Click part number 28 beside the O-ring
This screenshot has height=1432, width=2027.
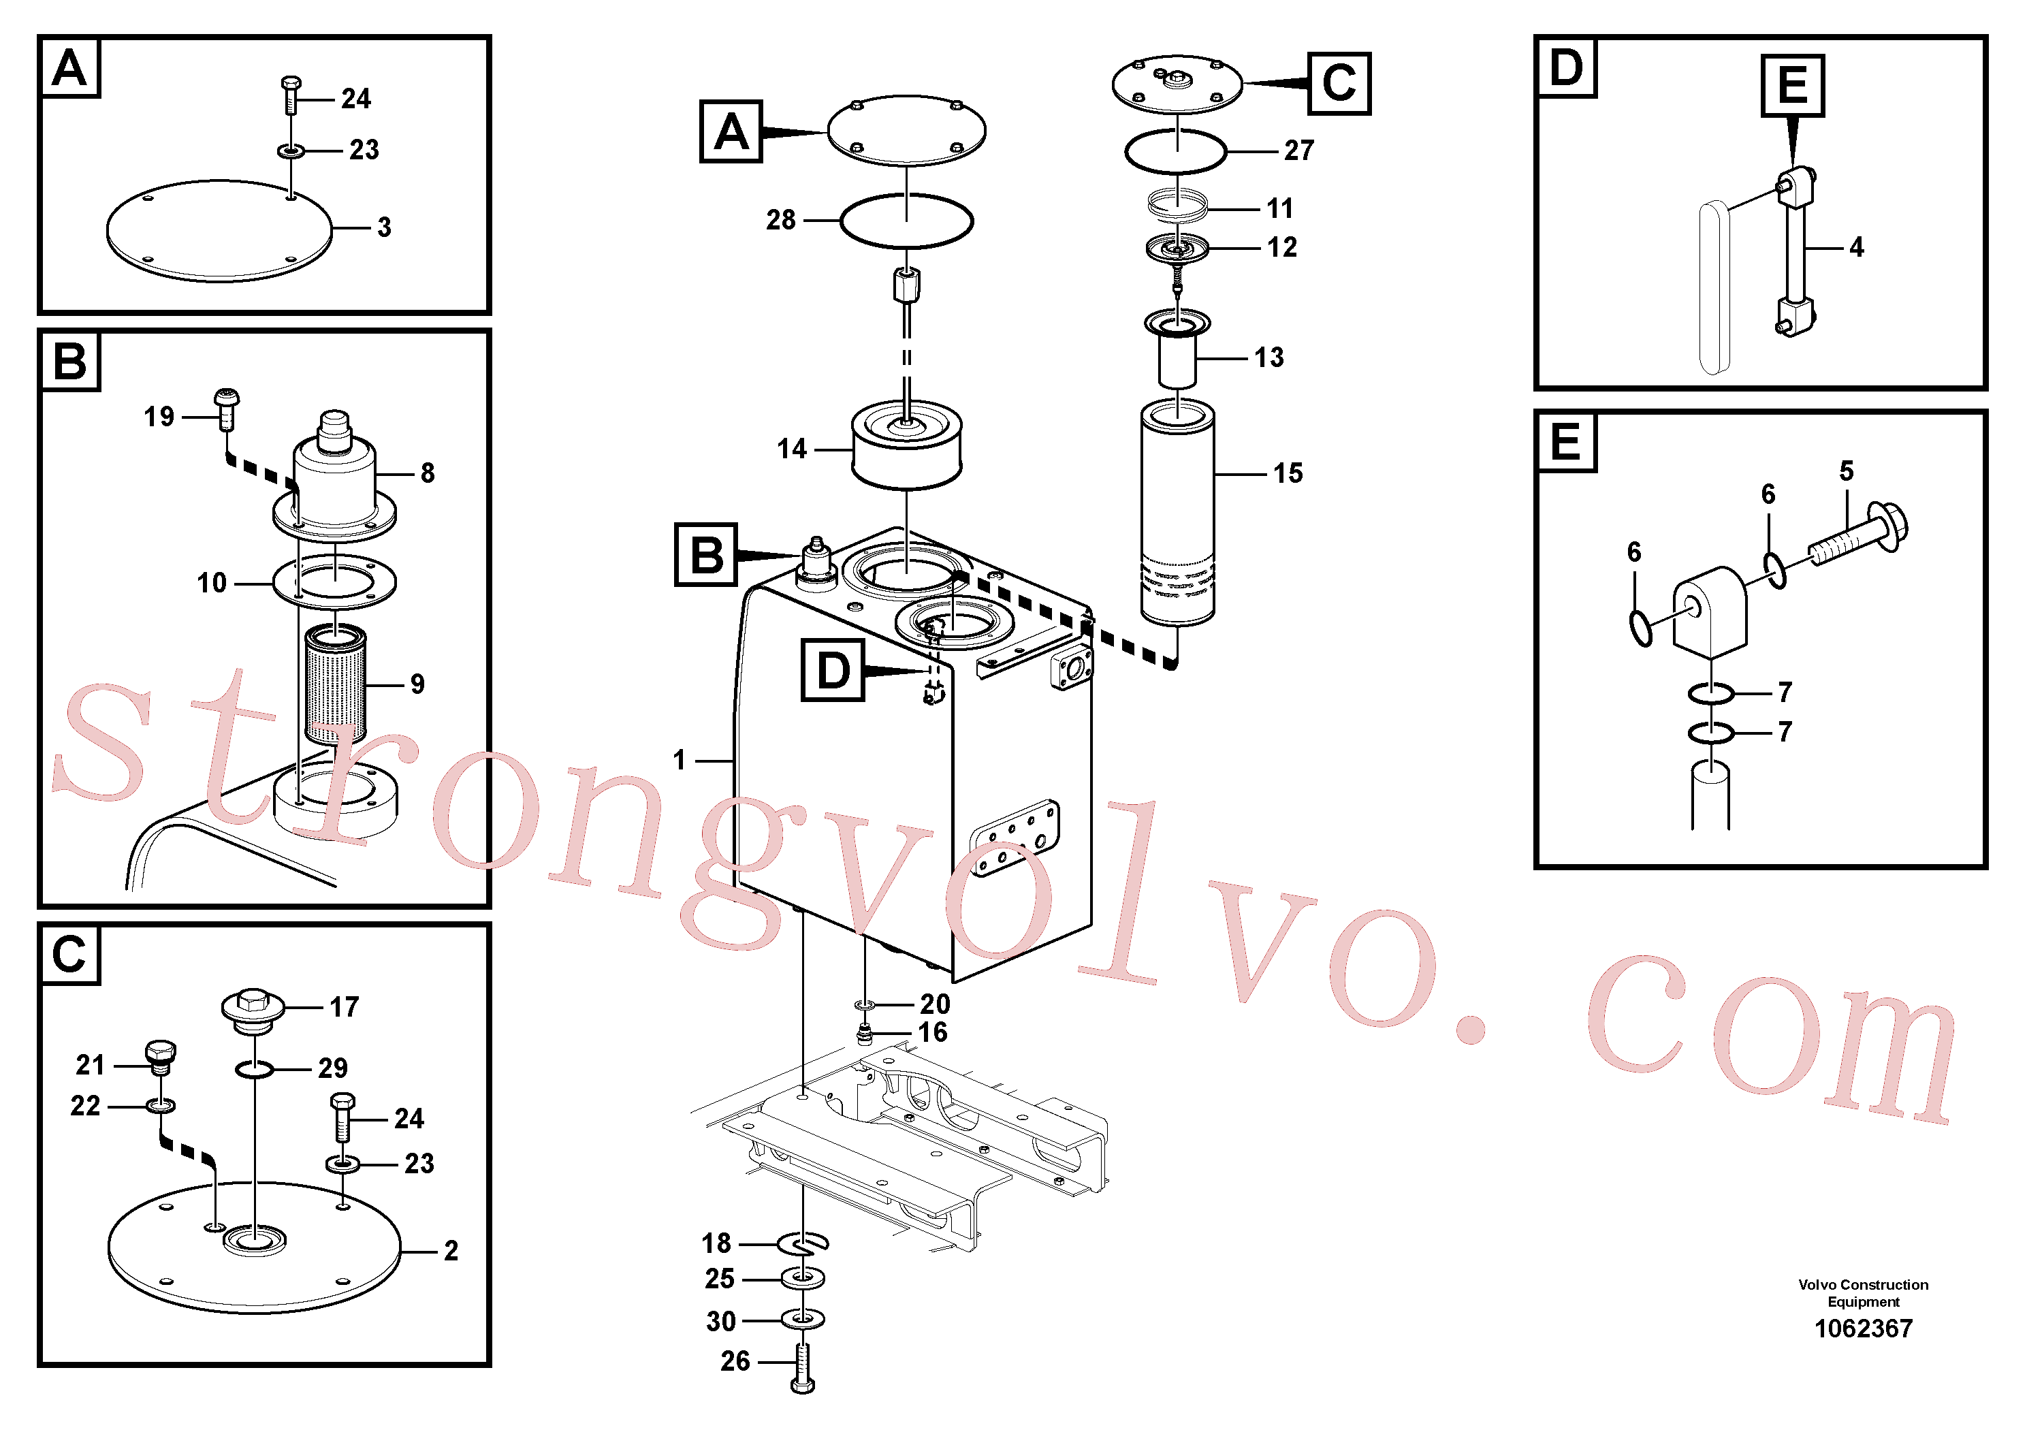click(x=780, y=220)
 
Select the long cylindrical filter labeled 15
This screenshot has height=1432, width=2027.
click(x=1178, y=513)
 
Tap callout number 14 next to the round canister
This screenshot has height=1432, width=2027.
click(x=792, y=449)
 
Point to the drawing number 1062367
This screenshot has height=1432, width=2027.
click(x=1863, y=1328)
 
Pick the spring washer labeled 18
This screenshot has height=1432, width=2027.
click(x=803, y=1243)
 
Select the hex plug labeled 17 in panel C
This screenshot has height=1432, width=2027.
click(x=253, y=1011)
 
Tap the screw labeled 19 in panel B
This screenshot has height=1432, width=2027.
click(x=227, y=409)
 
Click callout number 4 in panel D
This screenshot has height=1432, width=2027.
click(x=1857, y=247)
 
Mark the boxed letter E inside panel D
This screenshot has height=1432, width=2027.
click(x=1792, y=86)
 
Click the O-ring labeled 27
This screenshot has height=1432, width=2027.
click(x=1175, y=153)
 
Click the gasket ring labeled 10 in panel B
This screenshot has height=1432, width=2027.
click(x=334, y=581)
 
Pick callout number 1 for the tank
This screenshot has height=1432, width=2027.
click(x=679, y=760)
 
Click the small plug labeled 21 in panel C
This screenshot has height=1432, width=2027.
click(x=160, y=1057)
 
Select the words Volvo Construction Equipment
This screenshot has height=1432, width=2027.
click(x=1863, y=1293)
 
